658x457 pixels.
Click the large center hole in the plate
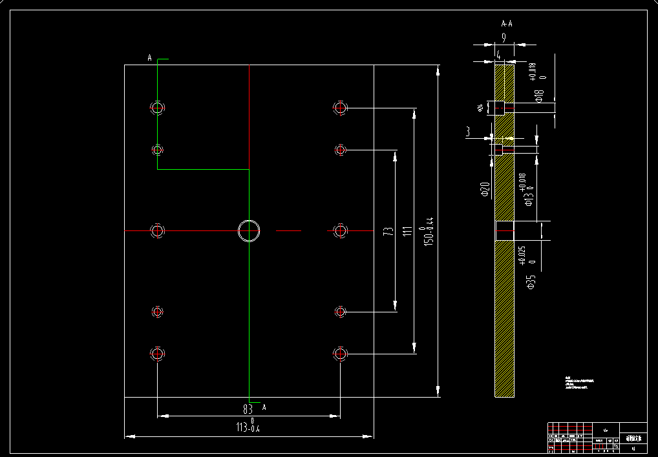pos(249,230)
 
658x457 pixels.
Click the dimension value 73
pos(388,231)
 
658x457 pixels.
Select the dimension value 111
pos(408,231)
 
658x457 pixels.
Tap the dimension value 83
pos(248,409)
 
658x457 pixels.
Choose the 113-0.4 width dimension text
pos(249,427)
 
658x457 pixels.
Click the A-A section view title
pos(507,24)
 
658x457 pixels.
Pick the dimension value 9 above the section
pos(504,38)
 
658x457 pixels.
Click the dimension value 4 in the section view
pos(498,55)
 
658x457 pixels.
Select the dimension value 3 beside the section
pos(467,131)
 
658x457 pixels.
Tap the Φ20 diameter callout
pos(484,189)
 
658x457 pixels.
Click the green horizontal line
pos(203,170)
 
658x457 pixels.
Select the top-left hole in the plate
pos(158,108)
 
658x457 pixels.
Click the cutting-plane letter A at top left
pos(150,59)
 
